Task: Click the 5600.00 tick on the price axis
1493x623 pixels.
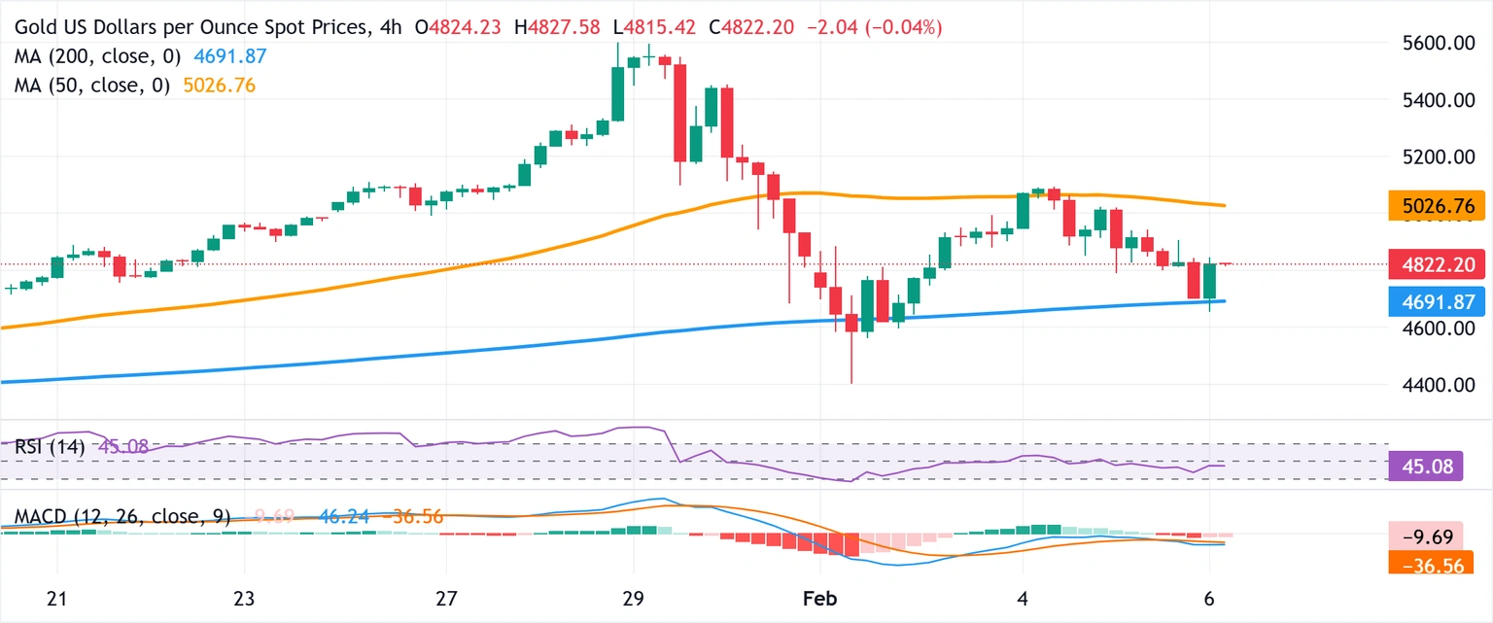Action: coord(1431,44)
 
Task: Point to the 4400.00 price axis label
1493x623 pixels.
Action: coord(1431,385)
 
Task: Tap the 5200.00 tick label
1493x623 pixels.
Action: coord(1431,157)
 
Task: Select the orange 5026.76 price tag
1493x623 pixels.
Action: coord(1437,206)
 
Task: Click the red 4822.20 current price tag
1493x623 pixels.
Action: coord(1437,263)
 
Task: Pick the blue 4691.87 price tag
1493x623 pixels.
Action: coord(1437,302)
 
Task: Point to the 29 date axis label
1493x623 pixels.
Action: coord(633,600)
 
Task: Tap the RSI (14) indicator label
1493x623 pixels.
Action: coord(49,448)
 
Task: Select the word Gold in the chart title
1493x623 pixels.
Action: coord(36,28)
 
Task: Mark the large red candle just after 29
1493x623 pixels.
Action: coord(680,113)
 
